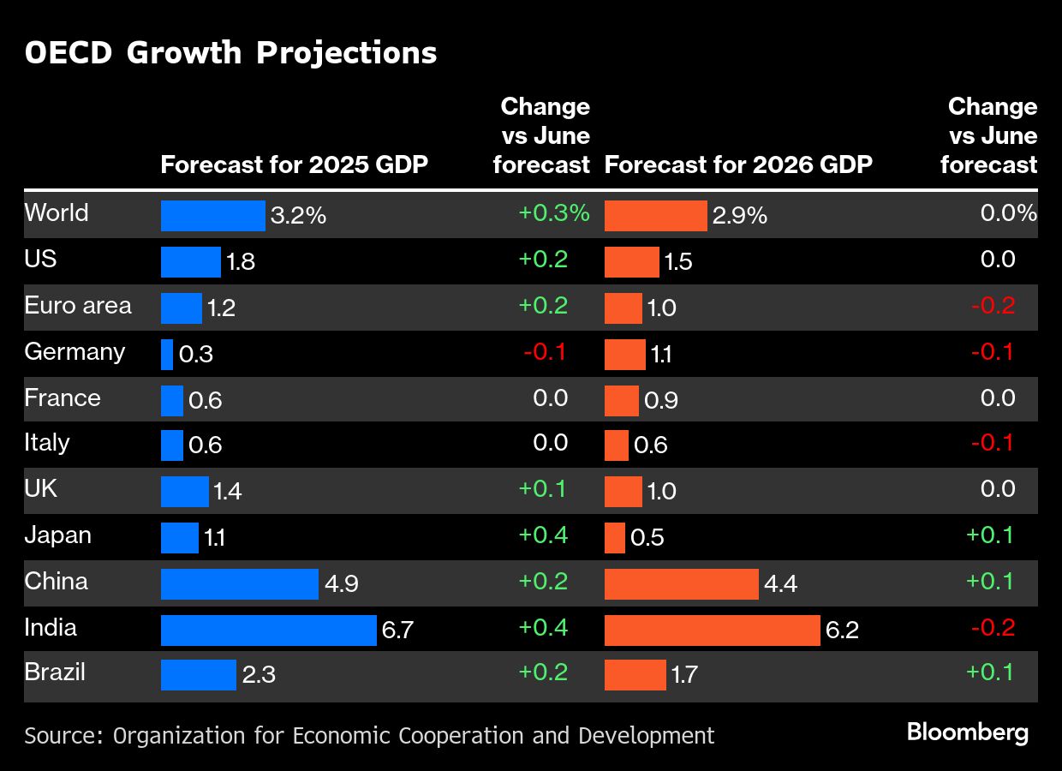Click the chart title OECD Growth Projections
pos(230,53)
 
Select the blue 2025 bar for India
pos(268,630)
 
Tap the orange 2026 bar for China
pos(681,583)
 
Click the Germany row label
pos(75,352)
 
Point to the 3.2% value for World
pos(298,216)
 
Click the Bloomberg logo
pos(967,732)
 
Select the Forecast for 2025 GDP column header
pos(294,164)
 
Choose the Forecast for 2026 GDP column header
pos(738,164)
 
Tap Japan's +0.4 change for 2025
pos(543,535)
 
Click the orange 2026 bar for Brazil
pos(635,674)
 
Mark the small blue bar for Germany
pos(167,354)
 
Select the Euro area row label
pos(78,306)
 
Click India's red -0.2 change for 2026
pos(992,628)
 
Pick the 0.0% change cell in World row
pos(1008,213)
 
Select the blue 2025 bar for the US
pos(190,261)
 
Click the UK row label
pos(41,489)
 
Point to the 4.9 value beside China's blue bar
pos(341,584)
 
